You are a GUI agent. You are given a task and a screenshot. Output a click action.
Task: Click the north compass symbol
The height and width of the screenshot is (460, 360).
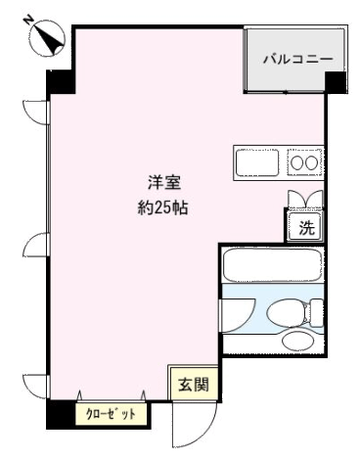[x=48, y=36]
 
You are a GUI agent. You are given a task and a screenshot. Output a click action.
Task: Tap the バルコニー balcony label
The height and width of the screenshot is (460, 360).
[x=298, y=59]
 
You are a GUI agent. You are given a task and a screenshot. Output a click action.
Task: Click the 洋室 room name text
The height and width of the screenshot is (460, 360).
[x=164, y=183]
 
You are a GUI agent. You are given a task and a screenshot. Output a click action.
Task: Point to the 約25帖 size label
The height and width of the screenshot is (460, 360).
[x=162, y=207]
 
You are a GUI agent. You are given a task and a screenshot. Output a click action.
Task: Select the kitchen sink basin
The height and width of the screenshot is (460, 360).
[x=257, y=162]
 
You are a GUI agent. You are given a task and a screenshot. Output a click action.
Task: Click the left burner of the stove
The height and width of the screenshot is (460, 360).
[x=297, y=162]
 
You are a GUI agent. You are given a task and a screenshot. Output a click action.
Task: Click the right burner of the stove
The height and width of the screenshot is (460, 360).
[x=311, y=162]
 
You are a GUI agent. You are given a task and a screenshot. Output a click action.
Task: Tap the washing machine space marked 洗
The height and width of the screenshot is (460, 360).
[x=305, y=226]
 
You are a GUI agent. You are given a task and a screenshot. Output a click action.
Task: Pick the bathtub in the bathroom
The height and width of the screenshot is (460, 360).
[x=272, y=265]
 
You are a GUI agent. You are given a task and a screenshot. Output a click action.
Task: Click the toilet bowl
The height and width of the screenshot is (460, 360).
[x=286, y=312]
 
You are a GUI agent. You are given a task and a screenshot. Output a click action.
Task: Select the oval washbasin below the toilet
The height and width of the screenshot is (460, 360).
[x=296, y=342]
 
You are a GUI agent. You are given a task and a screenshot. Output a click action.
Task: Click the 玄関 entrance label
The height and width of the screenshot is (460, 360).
[x=194, y=386]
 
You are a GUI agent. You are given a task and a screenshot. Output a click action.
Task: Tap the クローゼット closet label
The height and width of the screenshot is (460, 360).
[x=111, y=414]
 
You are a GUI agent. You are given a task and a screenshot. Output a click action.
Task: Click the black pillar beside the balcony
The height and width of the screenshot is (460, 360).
[x=336, y=82]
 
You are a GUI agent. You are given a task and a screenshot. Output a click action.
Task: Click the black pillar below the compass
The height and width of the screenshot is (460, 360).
[x=61, y=81]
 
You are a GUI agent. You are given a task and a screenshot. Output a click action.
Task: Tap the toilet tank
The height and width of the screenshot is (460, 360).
[x=316, y=312]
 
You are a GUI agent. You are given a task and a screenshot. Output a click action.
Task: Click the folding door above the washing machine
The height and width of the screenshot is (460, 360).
[x=305, y=199]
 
